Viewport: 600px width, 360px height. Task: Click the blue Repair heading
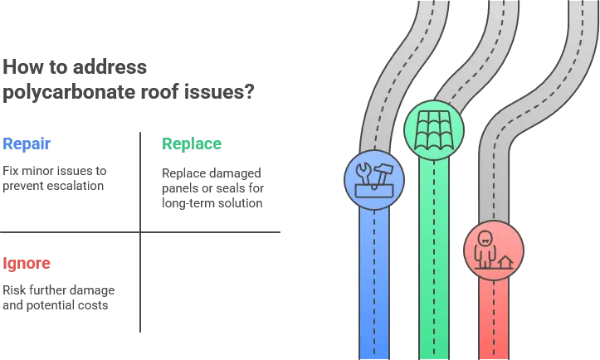pyautogui.click(x=27, y=144)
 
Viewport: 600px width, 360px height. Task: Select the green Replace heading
pyautogui.click(x=192, y=144)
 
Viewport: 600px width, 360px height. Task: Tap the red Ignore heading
pyautogui.click(x=27, y=264)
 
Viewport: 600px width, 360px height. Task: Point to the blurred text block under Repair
pyautogui.click(x=53, y=178)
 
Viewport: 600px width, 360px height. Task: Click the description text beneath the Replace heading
pyautogui.click(x=212, y=188)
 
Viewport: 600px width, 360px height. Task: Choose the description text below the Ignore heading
pyautogui.click(x=58, y=296)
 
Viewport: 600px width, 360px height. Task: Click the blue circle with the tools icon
pyautogui.click(x=374, y=179)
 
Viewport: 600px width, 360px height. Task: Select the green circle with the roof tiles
pyautogui.click(x=433, y=129)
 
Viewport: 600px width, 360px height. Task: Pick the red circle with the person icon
pyautogui.click(x=494, y=249)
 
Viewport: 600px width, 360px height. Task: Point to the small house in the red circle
pyautogui.click(x=505, y=262)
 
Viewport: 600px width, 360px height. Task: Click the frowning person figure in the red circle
pyautogui.click(x=484, y=247)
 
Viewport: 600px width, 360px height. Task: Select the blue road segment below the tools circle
pyautogui.click(x=374, y=282)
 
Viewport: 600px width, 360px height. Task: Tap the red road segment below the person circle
pyautogui.click(x=494, y=319)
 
